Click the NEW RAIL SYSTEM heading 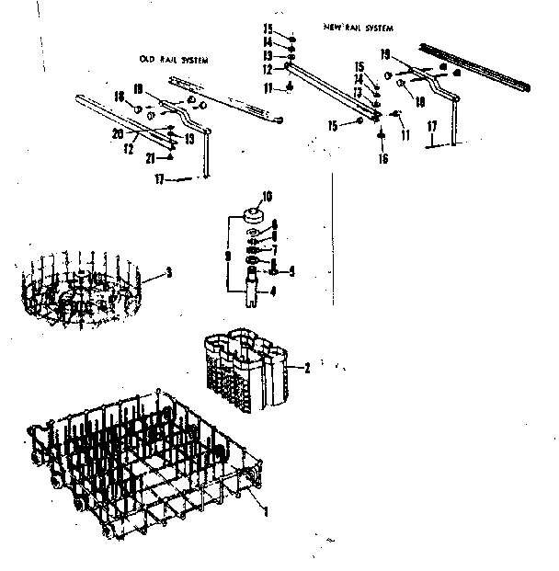pyautogui.click(x=358, y=29)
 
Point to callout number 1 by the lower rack pyautogui.click(x=266, y=510)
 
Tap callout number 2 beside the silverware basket pyautogui.click(x=306, y=368)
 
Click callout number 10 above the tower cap pyautogui.click(x=268, y=196)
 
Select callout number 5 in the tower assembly pyautogui.click(x=291, y=271)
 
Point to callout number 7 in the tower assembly pyautogui.click(x=272, y=248)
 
